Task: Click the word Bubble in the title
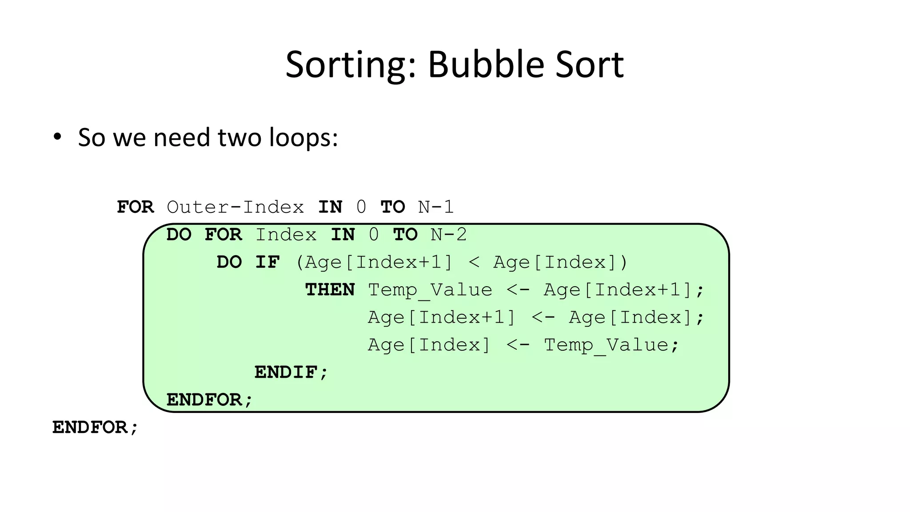point(486,65)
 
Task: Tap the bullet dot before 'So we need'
point(57,137)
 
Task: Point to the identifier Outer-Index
point(235,207)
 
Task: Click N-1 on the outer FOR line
point(436,207)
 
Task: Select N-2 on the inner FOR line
point(449,235)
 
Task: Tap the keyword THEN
point(330,290)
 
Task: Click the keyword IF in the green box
point(267,262)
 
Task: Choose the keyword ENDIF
point(291,372)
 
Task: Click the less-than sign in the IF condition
point(474,262)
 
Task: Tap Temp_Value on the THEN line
point(430,290)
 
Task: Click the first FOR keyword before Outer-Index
point(135,207)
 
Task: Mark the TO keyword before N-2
point(405,235)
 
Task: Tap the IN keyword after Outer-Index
point(330,207)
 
